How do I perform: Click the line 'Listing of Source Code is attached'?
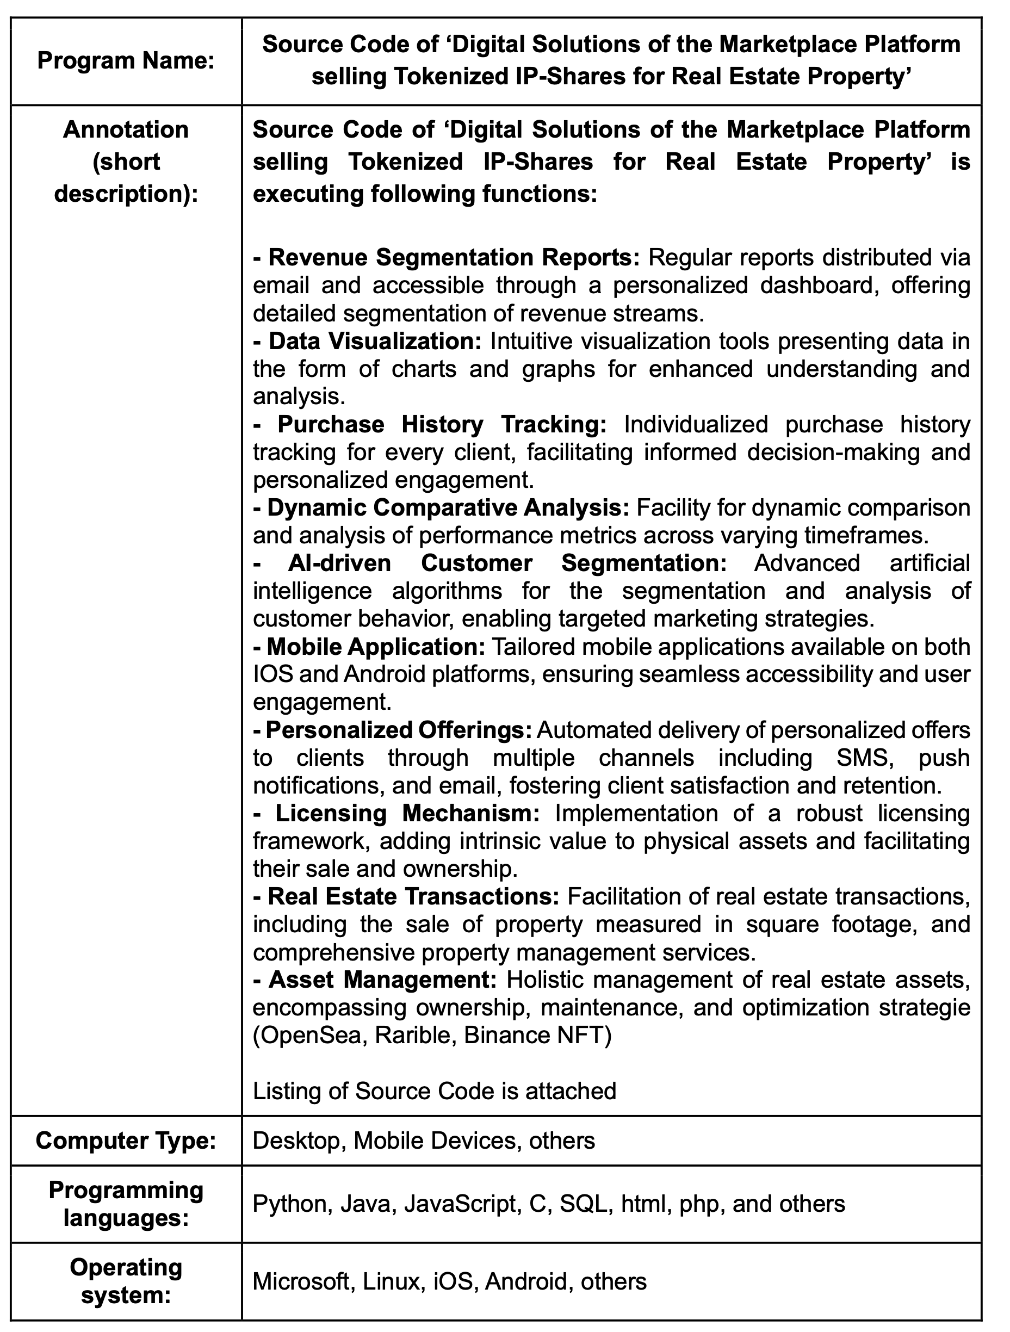434,1091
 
